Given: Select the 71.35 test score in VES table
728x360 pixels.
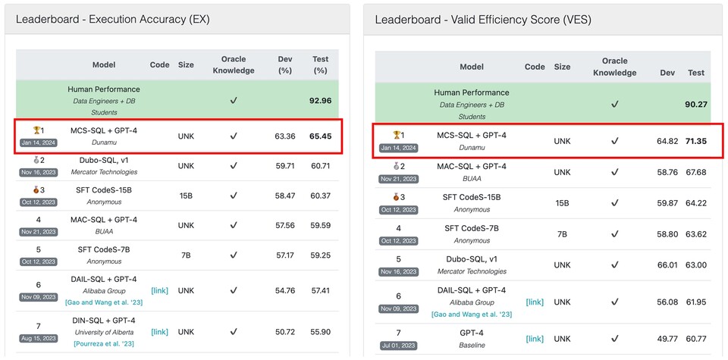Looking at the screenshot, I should click(x=695, y=141).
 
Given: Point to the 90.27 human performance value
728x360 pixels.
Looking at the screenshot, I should click(x=695, y=104).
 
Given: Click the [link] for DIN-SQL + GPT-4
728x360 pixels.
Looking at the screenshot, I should click(x=159, y=332).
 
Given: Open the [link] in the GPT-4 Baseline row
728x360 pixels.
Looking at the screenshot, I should click(x=535, y=339).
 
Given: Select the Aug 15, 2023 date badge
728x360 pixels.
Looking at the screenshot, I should click(x=37, y=338).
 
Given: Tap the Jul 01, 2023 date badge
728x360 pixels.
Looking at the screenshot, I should click(x=398, y=345).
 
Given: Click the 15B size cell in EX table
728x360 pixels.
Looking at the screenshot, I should click(x=186, y=196).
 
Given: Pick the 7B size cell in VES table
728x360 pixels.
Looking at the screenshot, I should click(x=562, y=234).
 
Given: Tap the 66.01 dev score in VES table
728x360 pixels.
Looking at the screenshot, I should click(x=667, y=265).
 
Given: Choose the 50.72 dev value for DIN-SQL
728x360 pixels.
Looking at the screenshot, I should click(x=285, y=332).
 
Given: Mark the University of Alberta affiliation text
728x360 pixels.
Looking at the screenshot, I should click(x=104, y=332).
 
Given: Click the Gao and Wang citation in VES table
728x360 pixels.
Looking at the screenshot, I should click(x=472, y=314).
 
